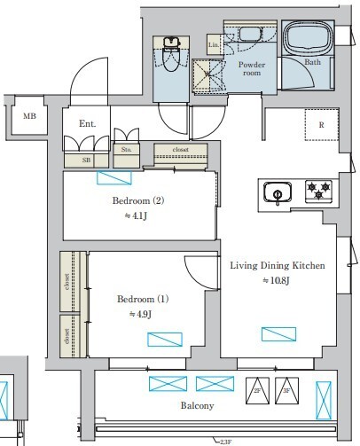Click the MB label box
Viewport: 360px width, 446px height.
click(x=29, y=116)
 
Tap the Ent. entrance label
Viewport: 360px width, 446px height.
click(x=87, y=124)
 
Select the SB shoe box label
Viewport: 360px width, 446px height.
click(x=86, y=160)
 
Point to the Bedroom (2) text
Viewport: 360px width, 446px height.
click(x=138, y=200)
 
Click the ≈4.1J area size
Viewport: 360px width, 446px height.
click(x=139, y=215)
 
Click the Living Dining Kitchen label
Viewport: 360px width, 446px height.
click(x=278, y=265)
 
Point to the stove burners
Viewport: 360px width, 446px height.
click(x=317, y=189)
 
